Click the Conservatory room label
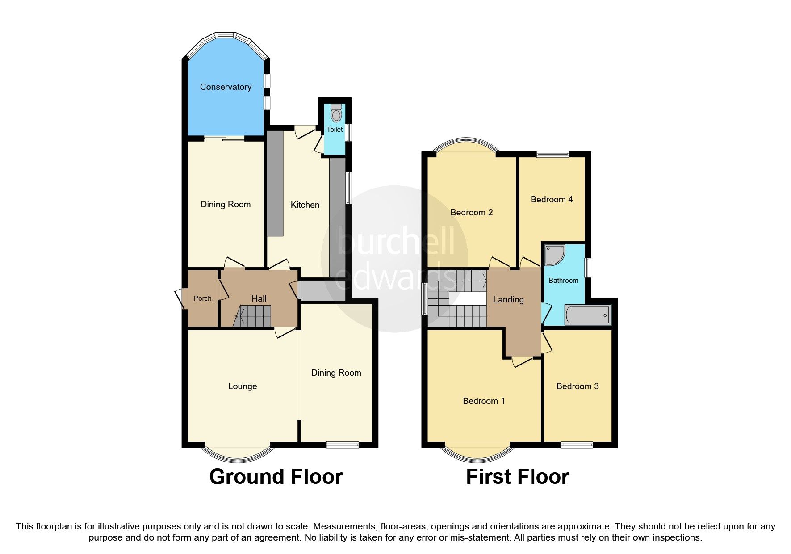tap(225, 87)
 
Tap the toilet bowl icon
tap(335, 114)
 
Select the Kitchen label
tap(305, 205)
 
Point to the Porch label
tap(202, 298)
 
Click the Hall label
tap(259, 299)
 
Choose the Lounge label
tap(242, 386)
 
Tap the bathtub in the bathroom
tap(587, 315)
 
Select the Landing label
tap(508, 300)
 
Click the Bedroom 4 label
tap(551, 200)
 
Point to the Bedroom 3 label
tap(577, 386)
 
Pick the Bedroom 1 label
tap(483, 401)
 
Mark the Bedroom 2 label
tap(471, 213)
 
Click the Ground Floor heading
tap(276, 477)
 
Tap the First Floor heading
tap(517, 477)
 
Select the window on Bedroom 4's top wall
tap(552, 155)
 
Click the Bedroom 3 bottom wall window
tap(577, 445)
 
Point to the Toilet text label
tap(335, 130)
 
